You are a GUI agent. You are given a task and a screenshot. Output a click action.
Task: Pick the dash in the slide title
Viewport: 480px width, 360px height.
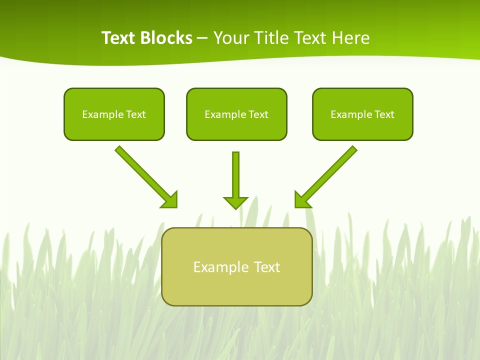202,38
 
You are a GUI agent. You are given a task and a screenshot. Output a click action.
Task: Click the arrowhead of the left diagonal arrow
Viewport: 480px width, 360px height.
170,199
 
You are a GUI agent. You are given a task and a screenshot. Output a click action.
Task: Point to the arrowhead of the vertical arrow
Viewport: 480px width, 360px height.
235,202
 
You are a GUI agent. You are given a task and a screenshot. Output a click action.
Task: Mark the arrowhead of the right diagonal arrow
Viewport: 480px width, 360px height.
302,199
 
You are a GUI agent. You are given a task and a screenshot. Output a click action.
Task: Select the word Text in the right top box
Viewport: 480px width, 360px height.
384,114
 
